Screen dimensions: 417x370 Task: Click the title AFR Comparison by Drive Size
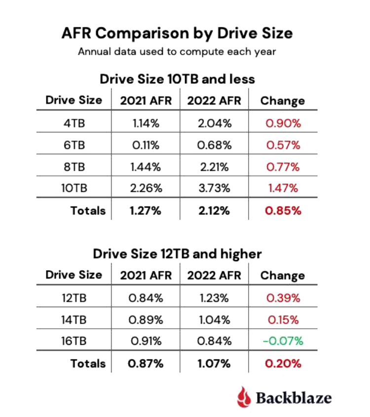click(x=177, y=33)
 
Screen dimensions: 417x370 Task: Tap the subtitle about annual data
click(x=177, y=52)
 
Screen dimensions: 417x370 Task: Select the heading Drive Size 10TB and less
click(x=177, y=79)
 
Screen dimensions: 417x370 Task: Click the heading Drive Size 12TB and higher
click(x=177, y=254)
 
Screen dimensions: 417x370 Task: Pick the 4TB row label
click(x=74, y=123)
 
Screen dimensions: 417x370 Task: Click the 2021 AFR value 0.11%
click(x=146, y=145)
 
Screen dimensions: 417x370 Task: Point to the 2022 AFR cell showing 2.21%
click(x=214, y=167)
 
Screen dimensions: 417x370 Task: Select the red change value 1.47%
click(x=283, y=188)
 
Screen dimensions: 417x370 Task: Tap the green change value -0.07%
click(x=282, y=341)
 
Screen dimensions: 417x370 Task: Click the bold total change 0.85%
click(x=283, y=211)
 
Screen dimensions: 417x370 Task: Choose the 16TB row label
click(x=74, y=341)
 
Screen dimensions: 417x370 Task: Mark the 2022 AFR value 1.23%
click(x=214, y=298)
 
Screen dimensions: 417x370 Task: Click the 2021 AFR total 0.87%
click(x=146, y=364)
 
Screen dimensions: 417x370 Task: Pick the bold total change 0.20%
click(x=283, y=364)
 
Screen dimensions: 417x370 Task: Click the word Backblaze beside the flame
click(x=294, y=397)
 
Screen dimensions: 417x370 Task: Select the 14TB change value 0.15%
click(x=283, y=319)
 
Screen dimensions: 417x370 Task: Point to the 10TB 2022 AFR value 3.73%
click(x=214, y=188)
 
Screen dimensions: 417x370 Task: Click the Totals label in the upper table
click(x=88, y=211)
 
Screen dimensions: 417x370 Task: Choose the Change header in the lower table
click(x=283, y=276)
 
